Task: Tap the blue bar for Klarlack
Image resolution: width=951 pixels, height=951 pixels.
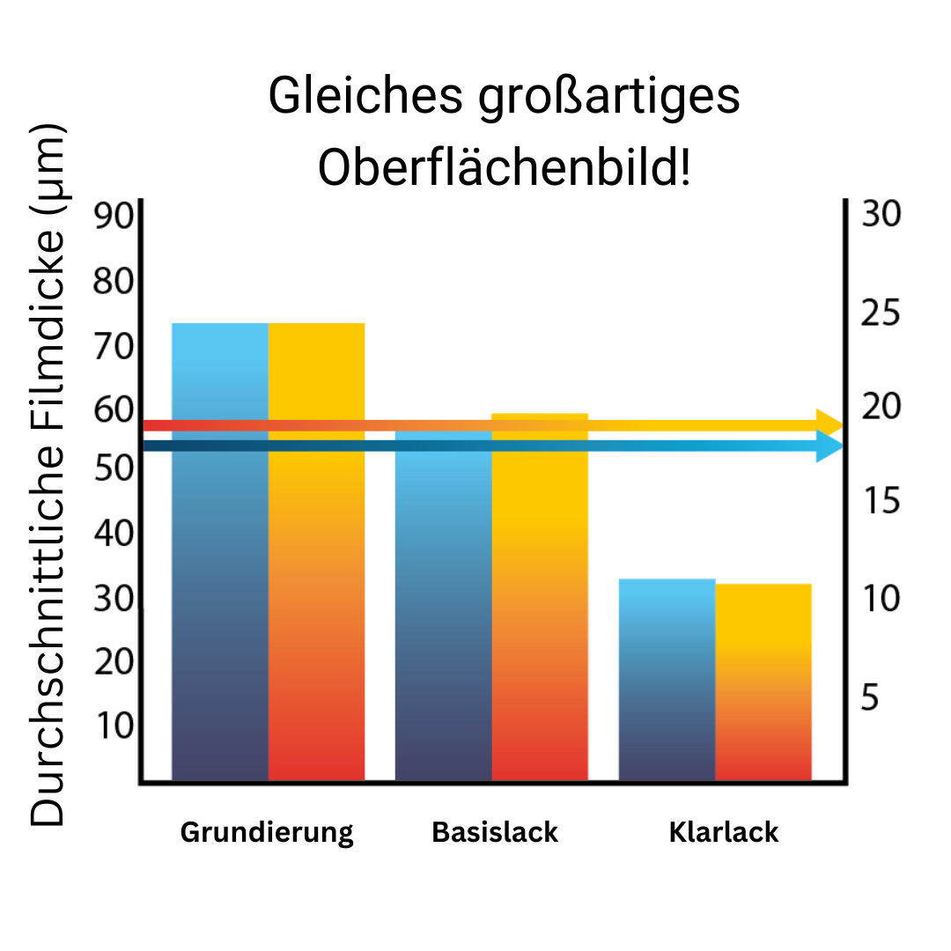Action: [667, 678]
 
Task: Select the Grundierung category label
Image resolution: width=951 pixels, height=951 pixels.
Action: [267, 832]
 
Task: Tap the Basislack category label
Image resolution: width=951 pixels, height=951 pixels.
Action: [495, 832]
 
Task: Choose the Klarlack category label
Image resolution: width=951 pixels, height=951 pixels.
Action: [724, 832]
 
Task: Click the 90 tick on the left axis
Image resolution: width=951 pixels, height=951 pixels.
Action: [113, 217]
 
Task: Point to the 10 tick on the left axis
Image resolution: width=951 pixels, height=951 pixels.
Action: [113, 727]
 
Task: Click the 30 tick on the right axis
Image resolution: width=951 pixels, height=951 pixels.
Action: [881, 215]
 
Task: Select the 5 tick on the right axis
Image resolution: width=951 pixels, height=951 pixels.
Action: [871, 698]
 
